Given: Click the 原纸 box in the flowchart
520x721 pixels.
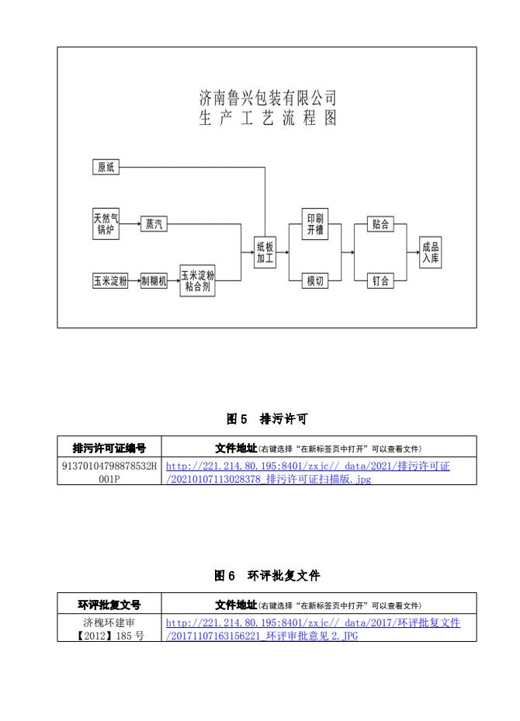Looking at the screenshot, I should pos(106,167).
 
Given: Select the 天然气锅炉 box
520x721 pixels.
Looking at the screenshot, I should pos(106,224).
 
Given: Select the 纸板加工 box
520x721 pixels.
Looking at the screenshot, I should pos(265,252).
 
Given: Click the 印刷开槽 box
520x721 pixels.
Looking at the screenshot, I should pos(315,224).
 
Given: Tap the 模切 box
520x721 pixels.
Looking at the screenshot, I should pos(315,281).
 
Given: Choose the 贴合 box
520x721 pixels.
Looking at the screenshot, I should pos(380,224).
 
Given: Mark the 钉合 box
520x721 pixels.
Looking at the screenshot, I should pos(380,281).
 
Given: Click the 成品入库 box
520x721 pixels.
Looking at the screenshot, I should pos(430,252).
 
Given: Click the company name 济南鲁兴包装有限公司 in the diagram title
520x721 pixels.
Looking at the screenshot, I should pos(267,98).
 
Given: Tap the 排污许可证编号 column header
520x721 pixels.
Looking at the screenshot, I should pos(109,449).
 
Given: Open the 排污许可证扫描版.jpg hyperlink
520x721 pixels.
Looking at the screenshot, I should pos(307,473).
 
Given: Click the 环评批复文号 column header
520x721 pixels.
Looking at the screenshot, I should pos(109,605).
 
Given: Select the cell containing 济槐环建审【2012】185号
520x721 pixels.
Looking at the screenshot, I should pos(109,629).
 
